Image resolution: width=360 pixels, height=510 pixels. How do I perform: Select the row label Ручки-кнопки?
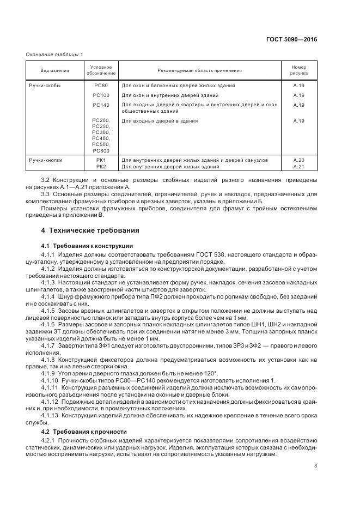click(x=47, y=160)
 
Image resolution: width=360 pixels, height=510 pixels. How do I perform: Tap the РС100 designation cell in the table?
click(x=101, y=95)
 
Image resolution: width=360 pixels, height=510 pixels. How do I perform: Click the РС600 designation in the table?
click(x=101, y=150)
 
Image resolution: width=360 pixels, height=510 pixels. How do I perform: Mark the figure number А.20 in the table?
click(x=298, y=160)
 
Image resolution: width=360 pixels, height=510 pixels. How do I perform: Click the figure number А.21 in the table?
click(x=298, y=166)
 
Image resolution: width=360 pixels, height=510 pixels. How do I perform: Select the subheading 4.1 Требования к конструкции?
click(x=87, y=246)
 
